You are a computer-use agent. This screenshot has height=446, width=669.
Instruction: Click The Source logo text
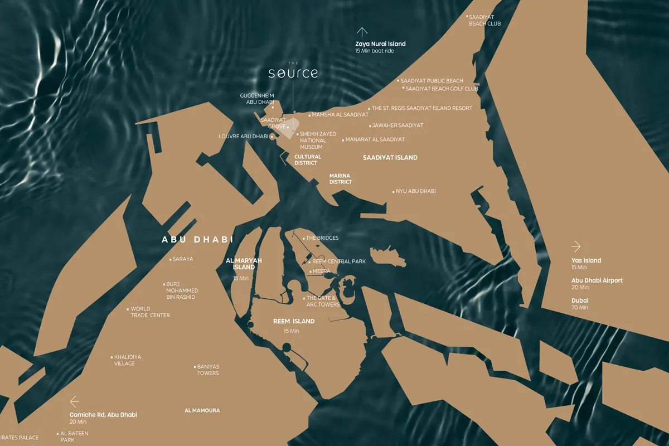click(x=293, y=73)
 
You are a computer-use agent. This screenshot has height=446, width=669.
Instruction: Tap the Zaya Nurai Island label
click(x=380, y=44)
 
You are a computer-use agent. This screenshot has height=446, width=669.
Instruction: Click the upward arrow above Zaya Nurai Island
click(x=362, y=32)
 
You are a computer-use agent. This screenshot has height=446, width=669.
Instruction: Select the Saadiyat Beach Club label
click(x=484, y=21)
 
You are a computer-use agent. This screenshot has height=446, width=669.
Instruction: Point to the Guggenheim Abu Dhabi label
click(x=257, y=99)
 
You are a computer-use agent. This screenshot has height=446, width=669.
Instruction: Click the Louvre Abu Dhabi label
click(x=244, y=136)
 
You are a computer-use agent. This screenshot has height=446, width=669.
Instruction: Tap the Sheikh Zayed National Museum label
click(x=318, y=140)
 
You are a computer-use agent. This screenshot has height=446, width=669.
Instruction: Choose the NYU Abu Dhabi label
click(x=415, y=191)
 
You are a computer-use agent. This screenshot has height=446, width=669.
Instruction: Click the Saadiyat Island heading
click(x=390, y=158)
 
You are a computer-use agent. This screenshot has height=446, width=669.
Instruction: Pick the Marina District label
click(x=340, y=179)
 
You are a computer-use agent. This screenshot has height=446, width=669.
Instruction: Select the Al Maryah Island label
click(x=244, y=264)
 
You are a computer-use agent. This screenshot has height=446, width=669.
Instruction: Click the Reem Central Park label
click(x=338, y=261)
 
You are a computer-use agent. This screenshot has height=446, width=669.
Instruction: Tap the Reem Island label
click(x=294, y=321)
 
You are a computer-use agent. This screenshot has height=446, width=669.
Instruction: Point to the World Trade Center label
click(x=150, y=312)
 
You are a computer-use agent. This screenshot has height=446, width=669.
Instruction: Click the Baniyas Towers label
click(x=208, y=370)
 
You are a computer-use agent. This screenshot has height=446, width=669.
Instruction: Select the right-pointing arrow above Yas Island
click(x=576, y=246)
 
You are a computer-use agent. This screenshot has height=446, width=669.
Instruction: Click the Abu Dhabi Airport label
click(x=597, y=280)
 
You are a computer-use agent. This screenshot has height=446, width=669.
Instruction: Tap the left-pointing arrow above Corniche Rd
click(x=74, y=401)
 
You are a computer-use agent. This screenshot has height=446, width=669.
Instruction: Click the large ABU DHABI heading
click(x=197, y=240)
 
